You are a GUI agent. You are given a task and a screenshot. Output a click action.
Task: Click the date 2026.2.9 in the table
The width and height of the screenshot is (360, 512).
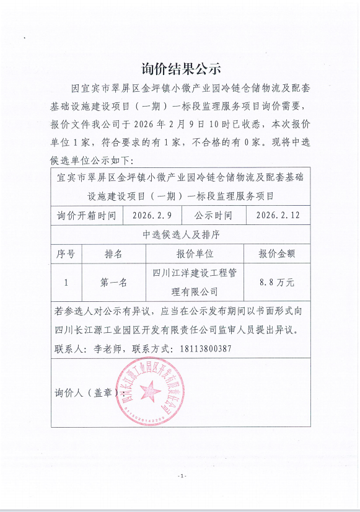pos(152,216)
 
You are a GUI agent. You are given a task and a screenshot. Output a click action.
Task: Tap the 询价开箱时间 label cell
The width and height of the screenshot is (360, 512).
pos(86,216)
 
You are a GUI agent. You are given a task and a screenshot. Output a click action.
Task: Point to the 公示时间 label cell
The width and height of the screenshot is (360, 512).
pos(213,216)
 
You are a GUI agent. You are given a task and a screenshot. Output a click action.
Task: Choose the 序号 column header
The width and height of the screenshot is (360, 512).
pos(66,254)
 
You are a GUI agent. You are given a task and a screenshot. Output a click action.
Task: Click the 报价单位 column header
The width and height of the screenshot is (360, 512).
pos(195,254)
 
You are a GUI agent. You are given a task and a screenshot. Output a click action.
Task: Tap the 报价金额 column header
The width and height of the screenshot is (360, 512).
pos(276,254)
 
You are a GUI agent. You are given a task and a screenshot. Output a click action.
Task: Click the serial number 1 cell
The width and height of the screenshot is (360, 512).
pos(66,282)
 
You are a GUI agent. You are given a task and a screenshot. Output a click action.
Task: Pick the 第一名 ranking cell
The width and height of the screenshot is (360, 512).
pos(113,282)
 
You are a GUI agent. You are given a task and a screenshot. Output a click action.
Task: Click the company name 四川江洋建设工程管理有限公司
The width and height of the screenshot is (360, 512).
pos(195,282)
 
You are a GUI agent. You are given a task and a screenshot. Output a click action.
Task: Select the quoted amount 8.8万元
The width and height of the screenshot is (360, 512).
pos(276,282)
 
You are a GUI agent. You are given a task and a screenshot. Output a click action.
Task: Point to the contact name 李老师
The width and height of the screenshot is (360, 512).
pos(106,348)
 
